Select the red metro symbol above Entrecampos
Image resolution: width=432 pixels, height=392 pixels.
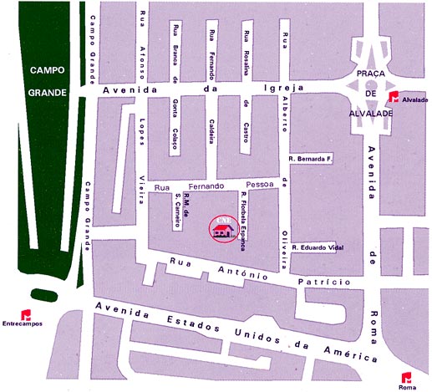click(23, 314)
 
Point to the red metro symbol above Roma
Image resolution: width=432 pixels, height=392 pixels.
click(407, 376)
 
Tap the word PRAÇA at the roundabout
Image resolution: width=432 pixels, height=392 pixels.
click(368, 74)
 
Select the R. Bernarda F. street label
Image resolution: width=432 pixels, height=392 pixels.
click(310, 157)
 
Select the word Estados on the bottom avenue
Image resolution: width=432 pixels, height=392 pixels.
click(186, 323)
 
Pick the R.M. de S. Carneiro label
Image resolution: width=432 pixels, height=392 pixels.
click(182, 210)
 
